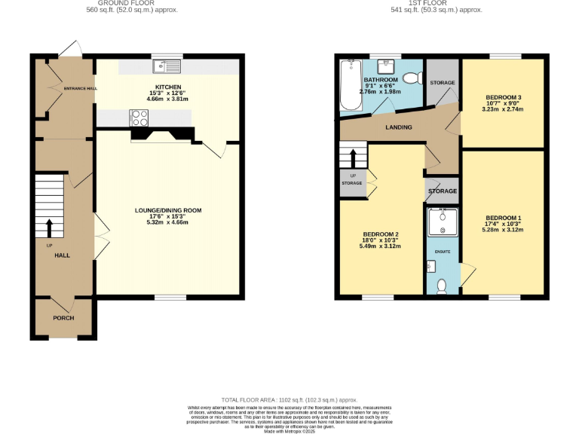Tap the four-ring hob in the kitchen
[139, 118]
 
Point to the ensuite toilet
[442, 286]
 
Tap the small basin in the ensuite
[430, 265]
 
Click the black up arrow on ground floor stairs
[50, 228]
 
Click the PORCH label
[63, 318]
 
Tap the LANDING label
[399, 127]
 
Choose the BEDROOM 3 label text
[503, 97]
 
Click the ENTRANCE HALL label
[80, 89]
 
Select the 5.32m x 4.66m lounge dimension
[167, 223]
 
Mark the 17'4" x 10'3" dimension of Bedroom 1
[504, 224]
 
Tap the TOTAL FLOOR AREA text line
[289, 399]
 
